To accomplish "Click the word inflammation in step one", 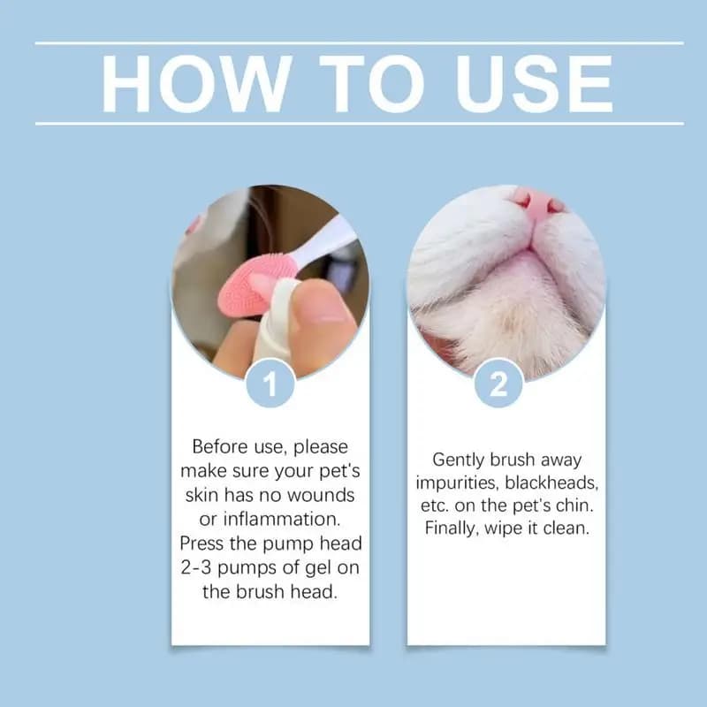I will point(281,517).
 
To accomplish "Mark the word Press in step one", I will point(202,542).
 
